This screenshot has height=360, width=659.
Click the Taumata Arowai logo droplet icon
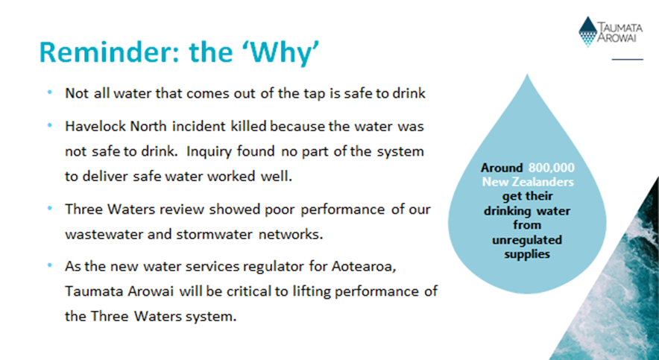click(x=587, y=31)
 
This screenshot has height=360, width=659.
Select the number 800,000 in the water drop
click(x=551, y=168)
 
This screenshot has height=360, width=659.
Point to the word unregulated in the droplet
click(x=527, y=241)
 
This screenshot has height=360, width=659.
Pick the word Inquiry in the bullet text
click(x=203, y=151)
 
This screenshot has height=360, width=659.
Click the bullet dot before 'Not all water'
click(x=51, y=92)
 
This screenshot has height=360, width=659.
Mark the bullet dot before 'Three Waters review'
click(x=51, y=208)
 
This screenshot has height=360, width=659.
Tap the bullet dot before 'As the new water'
click(x=51, y=266)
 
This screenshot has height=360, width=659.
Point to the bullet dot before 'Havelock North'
click(x=51, y=125)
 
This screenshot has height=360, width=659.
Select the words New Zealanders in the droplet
click(x=528, y=183)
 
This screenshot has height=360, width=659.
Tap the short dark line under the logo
click(x=628, y=59)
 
